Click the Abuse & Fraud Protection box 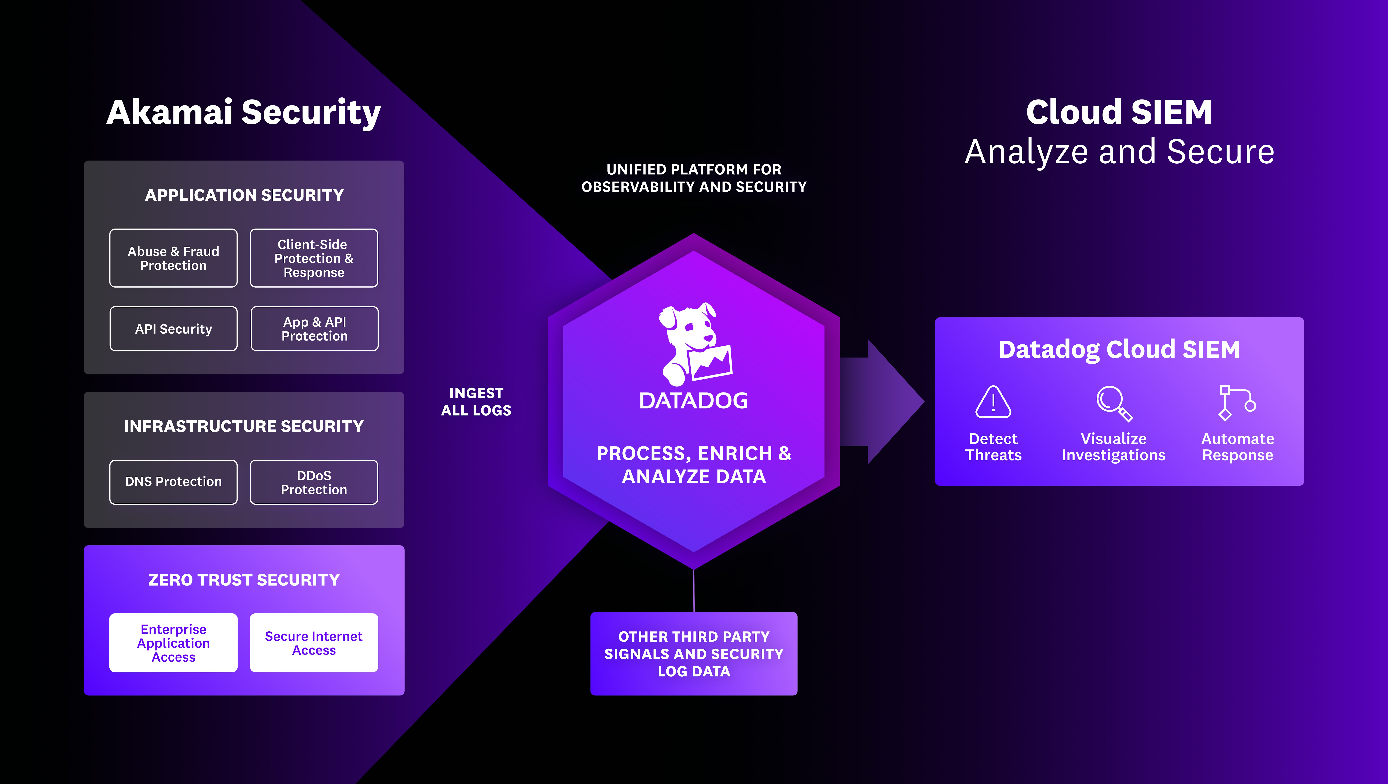[173, 258]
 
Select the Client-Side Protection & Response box [314, 258]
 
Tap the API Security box [173, 329]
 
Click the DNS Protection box [173, 482]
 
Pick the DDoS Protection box [314, 482]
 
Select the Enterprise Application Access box [173, 643]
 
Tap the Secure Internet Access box [314, 643]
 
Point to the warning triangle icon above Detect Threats [993, 402]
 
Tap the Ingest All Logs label [476, 402]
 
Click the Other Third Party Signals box [693, 653]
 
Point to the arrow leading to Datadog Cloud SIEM [884, 402]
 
